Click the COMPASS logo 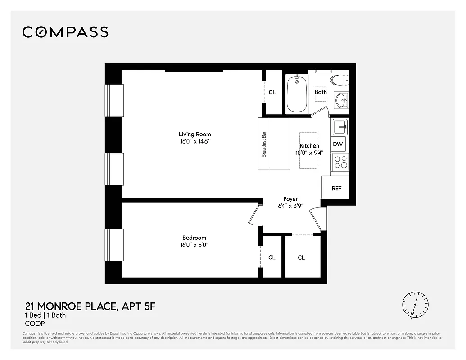(65, 32)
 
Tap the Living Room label (195, 134)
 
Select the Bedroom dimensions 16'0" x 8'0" (195, 245)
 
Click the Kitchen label (309, 146)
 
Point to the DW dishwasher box (338, 144)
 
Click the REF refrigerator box (336, 188)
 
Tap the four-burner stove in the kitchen (340, 162)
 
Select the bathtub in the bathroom (297, 94)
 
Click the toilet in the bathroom (339, 81)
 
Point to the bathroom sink (341, 100)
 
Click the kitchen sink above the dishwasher (340, 127)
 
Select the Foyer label (290, 199)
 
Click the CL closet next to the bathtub (272, 92)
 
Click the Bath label (321, 92)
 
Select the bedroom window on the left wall (114, 245)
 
